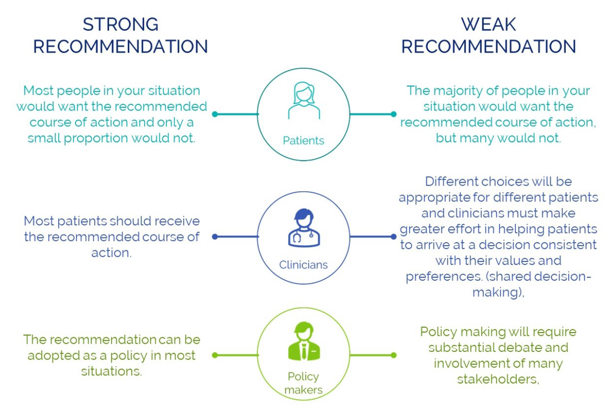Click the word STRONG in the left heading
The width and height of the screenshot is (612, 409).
[121, 25]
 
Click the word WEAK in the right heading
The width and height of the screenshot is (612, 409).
[488, 25]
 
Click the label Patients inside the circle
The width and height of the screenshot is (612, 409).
[303, 141]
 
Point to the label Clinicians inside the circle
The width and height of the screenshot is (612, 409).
[303, 265]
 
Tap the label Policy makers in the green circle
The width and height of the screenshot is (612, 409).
[303, 383]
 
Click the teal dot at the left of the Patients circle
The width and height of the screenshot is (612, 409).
[215, 114]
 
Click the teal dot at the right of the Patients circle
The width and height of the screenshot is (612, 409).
[393, 114]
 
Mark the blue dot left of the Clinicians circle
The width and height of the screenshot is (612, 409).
[215, 236]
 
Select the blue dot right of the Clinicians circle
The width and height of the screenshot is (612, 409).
[393, 236]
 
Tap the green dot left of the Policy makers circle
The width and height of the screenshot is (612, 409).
[215, 356]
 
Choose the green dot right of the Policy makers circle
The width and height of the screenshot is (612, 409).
[393, 356]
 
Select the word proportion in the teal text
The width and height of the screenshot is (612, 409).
[101, 138]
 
